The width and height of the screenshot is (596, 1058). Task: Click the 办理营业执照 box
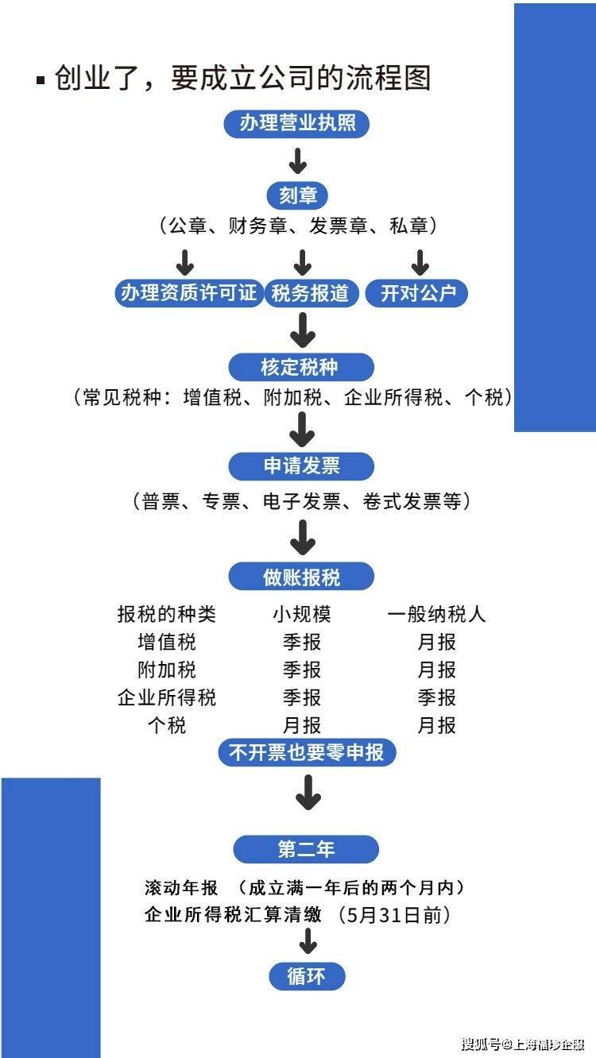point(297,124)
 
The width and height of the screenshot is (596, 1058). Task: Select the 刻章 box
point(297,195)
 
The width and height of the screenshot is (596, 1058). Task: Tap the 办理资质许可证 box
point(188,293)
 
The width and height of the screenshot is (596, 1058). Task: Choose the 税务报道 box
point(310,293)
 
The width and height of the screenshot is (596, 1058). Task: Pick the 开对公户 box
point(418,293)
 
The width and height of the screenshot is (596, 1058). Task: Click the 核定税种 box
point(300,367)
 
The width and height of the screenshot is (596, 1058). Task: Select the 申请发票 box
point(301,466)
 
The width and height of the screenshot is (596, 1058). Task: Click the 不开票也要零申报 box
point(307,752)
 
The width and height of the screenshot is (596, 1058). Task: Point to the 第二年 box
point(306,849)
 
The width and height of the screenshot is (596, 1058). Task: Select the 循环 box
point(306,976)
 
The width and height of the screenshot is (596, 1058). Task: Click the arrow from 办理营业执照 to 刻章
point(297,160)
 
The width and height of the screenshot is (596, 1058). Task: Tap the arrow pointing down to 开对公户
point(420,261)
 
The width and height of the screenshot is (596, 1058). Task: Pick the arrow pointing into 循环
point(307,943)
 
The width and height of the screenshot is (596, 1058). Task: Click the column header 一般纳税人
point(436,614)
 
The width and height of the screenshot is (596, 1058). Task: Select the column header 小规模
point(301,614)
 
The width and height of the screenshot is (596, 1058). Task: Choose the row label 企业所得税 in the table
point(166,697)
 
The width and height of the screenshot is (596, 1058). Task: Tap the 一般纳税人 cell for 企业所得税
point(436,697)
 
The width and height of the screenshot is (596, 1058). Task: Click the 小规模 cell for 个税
point(301,725)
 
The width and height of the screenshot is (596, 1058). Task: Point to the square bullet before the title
point(41,80)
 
